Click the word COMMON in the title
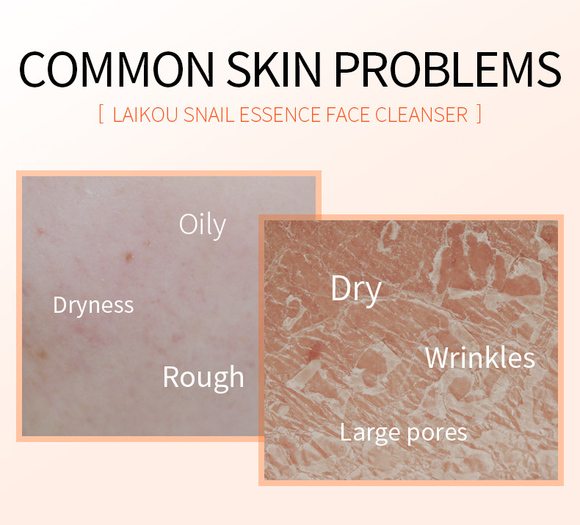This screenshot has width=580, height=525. coord(117,69)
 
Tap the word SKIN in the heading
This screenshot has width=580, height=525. coord(274,69)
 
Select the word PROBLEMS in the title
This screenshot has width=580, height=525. coord(448,69)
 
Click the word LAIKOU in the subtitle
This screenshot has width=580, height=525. coord(145,115)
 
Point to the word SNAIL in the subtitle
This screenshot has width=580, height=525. coord(209,115)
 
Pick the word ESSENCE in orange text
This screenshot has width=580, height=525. coord(280,115)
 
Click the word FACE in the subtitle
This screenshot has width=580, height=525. coord(348,115)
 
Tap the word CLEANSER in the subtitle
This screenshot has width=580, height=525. coord(421,115)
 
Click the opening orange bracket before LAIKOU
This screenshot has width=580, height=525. coord(101,115)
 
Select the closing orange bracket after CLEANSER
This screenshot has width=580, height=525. coord(479,115)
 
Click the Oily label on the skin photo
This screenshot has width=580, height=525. coord(203,225)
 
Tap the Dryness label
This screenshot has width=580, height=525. coord(93,306)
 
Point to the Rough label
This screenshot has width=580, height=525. coord(203,377)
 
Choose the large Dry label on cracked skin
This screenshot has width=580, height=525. coord(356,290)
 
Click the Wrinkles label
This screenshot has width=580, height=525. coord(480,358)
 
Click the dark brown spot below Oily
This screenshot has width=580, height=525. coord(128,256)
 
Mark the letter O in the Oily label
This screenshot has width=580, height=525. coord(187,224)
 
